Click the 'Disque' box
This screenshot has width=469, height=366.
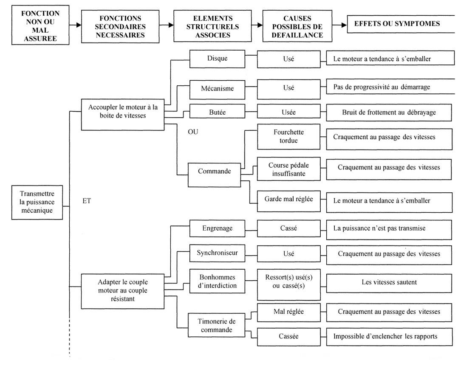pos(217,59)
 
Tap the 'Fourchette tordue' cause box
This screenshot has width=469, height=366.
pos(288,137)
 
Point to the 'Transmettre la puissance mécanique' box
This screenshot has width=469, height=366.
pos(37,203)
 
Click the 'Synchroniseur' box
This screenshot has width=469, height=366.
pos(217,253)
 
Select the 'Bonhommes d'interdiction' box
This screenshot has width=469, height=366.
pos(217,282)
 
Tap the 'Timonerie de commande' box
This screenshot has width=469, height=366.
pos(216,325)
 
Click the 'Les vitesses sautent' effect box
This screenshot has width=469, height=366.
pos(389,283)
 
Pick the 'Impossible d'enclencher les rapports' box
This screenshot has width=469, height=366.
pos(389,337)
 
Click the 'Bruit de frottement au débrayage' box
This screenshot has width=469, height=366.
pos(389,113)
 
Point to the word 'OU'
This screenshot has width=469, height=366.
pos(193,132)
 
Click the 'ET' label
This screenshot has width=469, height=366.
pos(87,201)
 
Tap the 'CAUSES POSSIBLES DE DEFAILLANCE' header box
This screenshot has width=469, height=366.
pos(297,26)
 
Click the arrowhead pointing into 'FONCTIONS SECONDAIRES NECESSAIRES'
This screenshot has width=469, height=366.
pos(79,25)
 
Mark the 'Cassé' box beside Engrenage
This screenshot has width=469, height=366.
pos(288,229)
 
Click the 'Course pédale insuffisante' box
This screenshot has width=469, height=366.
pos(288,169)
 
